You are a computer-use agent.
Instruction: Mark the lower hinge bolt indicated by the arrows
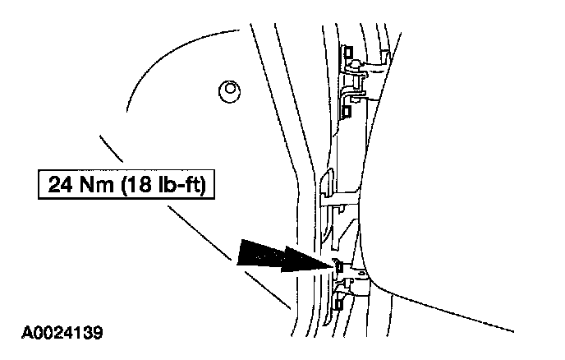click(x=338, y=265)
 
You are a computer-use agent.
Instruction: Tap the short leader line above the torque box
click(x=111, y=149)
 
